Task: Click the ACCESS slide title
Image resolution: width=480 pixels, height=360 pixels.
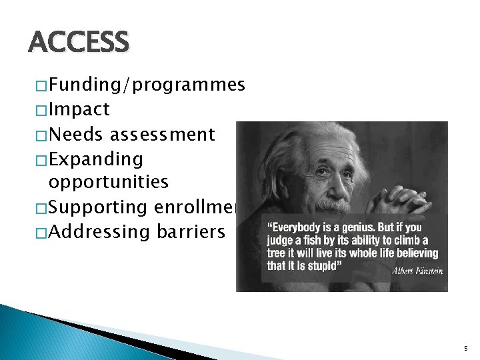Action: coord(79,43)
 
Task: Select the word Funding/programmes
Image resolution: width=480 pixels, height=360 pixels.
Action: coord(147,85)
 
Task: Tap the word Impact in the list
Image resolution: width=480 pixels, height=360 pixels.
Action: coord(79,109)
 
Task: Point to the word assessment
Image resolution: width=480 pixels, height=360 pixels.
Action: coord(163,135)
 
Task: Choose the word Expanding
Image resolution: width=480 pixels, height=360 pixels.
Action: coord(95,159)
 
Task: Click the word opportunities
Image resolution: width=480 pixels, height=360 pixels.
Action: coord(109,182)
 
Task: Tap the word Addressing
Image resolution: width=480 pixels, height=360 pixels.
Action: coord(100,232)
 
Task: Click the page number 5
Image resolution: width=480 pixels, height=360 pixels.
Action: coord(465,348)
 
